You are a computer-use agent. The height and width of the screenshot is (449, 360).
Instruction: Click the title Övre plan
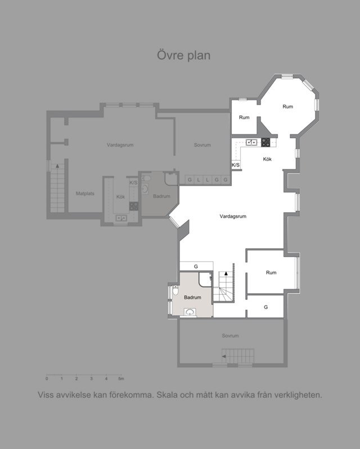[x=184, y=55]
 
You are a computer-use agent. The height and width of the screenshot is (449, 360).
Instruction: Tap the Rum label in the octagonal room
[x=287, y=106]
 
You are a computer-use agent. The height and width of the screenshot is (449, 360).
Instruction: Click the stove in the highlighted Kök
[x=265, y=142]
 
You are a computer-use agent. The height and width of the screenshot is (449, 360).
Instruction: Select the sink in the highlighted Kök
[x=251, y=142]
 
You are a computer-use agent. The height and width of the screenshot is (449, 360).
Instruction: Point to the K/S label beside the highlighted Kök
[x=236, y=165]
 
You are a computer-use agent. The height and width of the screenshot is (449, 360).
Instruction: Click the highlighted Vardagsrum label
[x=233, y=216]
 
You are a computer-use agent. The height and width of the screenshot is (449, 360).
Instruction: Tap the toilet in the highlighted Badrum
[x=175, y=290]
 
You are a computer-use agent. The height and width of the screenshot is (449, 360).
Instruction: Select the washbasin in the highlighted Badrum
[x=190, y=312]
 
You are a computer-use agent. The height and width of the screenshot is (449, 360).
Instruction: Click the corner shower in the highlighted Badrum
[x=205, y=280]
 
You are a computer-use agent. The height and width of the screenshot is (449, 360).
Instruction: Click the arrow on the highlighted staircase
[x=226, y=273]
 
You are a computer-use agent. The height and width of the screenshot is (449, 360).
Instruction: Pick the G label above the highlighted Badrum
[x=196, y=267]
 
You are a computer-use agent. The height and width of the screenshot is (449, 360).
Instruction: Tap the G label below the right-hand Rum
[x=266, y=307]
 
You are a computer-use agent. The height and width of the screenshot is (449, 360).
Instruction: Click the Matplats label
[x=85, y=194]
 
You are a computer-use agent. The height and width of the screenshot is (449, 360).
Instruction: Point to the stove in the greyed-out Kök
[x=134, y=206]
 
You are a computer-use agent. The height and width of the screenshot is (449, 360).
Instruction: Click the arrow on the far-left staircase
[x=57, y=166]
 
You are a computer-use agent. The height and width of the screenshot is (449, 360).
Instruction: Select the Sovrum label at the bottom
[x=230, y=335]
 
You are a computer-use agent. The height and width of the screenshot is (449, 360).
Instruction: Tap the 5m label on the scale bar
[x=121, y=379]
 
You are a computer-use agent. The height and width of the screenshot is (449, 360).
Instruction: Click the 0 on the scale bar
[x=47, y=379]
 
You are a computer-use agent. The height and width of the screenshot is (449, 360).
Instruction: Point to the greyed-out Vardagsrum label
[x=120, y=145]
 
